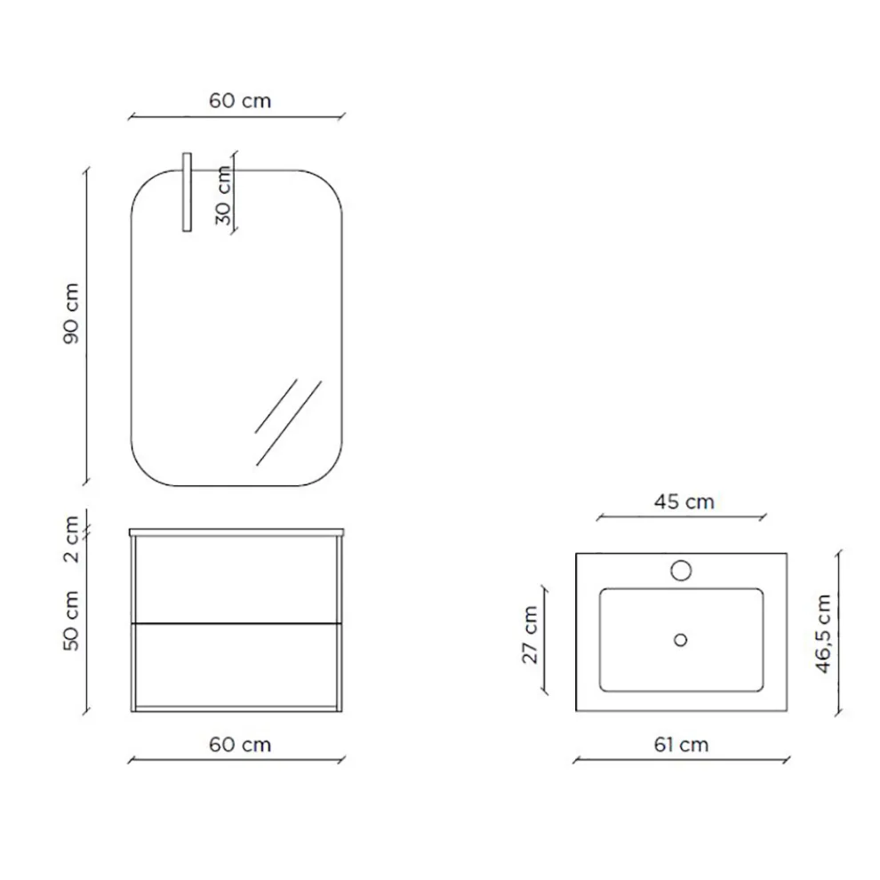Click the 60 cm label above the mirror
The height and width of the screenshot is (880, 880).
pos(240,101)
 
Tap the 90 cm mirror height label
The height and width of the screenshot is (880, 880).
pos(71,313)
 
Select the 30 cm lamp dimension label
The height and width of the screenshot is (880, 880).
pos(223,195)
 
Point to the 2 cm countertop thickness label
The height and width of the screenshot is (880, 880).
pos(71,540)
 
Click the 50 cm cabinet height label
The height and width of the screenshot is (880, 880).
pos(71,620)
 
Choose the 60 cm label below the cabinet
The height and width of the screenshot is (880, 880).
pos(240,745)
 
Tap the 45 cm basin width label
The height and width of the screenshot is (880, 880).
pos(684,501)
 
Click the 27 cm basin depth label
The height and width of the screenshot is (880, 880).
pos(530,635)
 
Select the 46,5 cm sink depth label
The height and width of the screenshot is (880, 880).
pos(823,634)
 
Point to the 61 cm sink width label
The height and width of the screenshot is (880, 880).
pos(681,745)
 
